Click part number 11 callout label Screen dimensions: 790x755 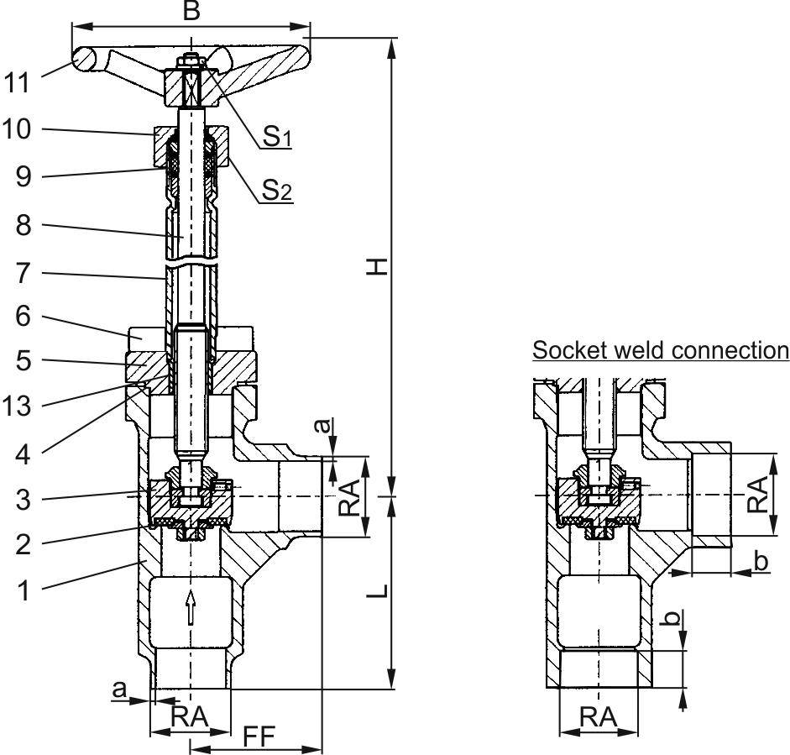tap(17, 82)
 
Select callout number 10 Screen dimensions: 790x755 tap(16, 129)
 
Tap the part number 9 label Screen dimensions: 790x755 tap(24, 176)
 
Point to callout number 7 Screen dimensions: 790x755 tap(24, 273)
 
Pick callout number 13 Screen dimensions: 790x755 tap(17, 406)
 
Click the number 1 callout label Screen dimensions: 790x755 tap(24, 590)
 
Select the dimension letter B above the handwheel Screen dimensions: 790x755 tap(191, 11)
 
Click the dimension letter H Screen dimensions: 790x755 tap(377, 266)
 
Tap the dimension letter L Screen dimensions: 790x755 tap(377, 590)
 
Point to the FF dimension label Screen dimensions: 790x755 tap(259, 737)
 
